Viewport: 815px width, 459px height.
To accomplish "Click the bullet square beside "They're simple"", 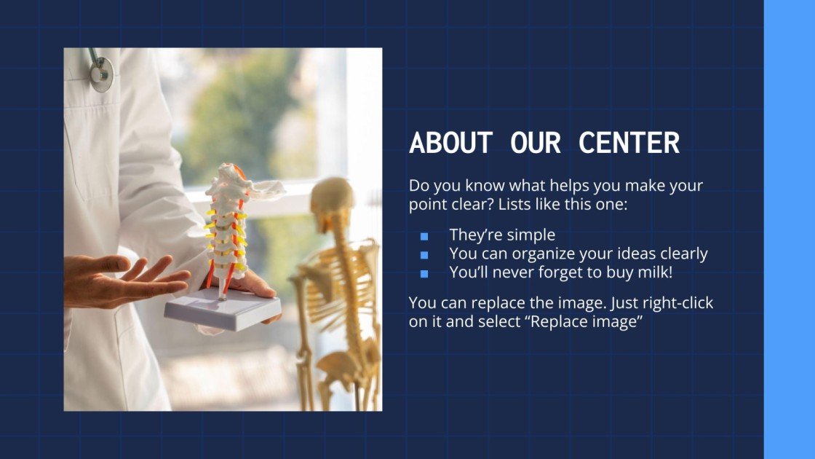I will pos(424,236).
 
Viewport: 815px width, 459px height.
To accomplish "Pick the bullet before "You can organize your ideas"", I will pos(424,255).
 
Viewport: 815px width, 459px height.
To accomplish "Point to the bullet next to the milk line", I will pos(424,274).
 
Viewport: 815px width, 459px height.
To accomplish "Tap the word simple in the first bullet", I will pos(531,235).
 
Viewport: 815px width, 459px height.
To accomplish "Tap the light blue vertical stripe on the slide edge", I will pos(789,229).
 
